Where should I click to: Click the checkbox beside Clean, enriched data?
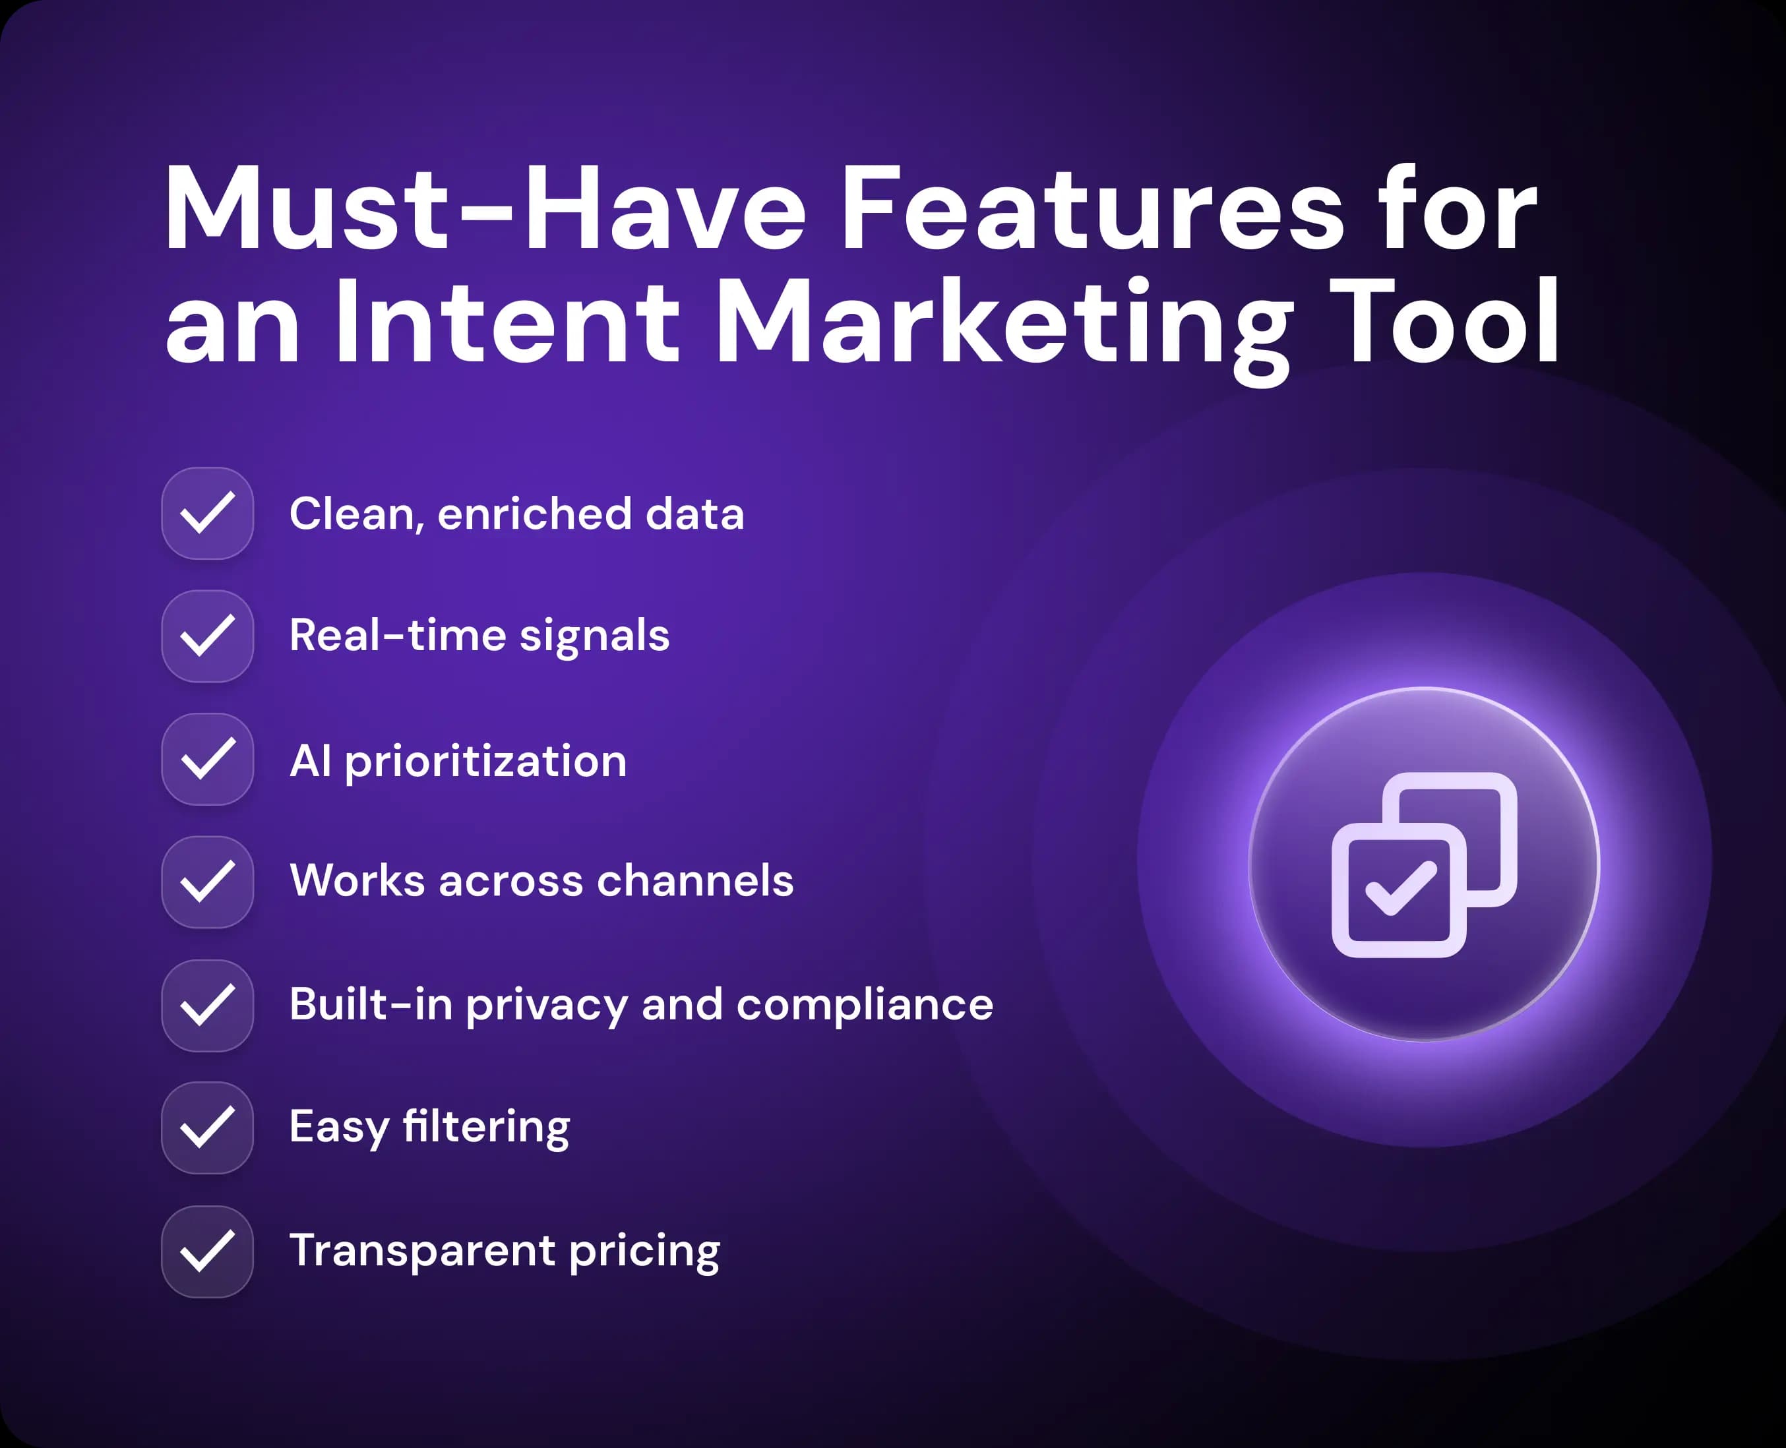coord(207,513)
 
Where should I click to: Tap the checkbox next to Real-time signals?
coord(207,636)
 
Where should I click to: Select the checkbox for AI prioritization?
coord(207,759)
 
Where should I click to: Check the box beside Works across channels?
coord(207,882)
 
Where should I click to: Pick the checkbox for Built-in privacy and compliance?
coord(207,1005)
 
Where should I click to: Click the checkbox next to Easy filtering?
coord(207,1128)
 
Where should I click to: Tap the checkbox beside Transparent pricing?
coord(207,1251)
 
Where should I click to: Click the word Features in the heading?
coord(1092,208)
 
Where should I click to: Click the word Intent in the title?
coord(507,322)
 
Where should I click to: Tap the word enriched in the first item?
coord(535,513)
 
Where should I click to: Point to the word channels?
coord(696,880)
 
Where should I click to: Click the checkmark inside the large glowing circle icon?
coord(1401,888)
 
